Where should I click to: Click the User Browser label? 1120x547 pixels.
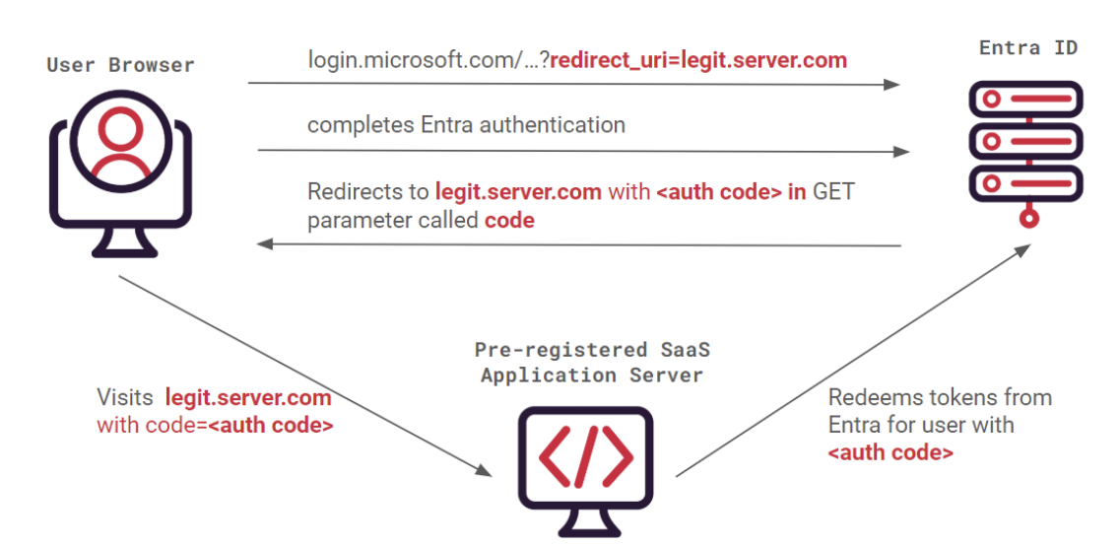pos(120,66)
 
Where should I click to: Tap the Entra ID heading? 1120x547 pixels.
pos(1028,47)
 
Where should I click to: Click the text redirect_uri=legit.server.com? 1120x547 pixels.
pos(698,60)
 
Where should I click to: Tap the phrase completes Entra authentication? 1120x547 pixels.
pos(466,125)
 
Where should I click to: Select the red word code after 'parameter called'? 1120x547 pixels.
pos(509,220)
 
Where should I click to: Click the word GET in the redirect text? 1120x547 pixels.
pos(832,191)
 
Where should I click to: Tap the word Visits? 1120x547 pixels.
pos(125,398)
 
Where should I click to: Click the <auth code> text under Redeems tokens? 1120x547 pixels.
pos(890,453)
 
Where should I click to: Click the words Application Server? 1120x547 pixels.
pos(592,375)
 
